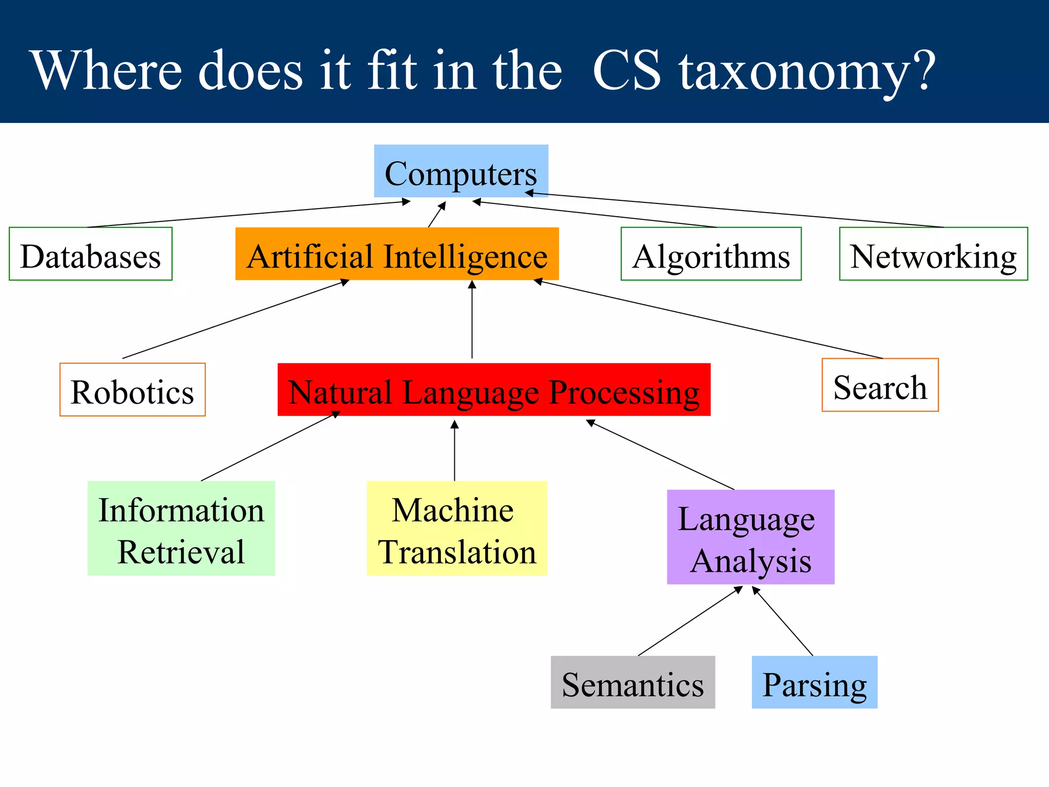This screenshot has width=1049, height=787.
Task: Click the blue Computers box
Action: coord(461,171)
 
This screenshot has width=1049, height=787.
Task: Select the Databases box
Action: coord(91,254)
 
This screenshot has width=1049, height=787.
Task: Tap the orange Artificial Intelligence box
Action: coord(397,254)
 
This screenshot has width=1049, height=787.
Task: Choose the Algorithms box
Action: coord(711,254)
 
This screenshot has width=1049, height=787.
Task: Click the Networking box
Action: coord(933,254)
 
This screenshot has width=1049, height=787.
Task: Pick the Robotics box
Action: coord(132,390)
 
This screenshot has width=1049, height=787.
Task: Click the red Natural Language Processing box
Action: coord(494,390)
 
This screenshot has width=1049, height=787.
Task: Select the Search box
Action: coord(880,385)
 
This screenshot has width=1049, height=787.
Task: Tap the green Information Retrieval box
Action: coord(181,528)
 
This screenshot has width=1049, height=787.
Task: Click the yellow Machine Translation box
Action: coord(457,528)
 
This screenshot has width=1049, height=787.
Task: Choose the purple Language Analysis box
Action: coord(750,537)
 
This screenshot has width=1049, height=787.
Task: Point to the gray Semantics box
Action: coord(633,682)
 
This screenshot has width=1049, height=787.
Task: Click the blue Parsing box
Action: coord(814,682)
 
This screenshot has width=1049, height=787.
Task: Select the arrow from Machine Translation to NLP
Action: coord(454,451)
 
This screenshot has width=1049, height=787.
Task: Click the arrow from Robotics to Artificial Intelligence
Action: coord(236,319)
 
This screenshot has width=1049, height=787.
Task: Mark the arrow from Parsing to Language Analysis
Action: coord(783,622)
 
